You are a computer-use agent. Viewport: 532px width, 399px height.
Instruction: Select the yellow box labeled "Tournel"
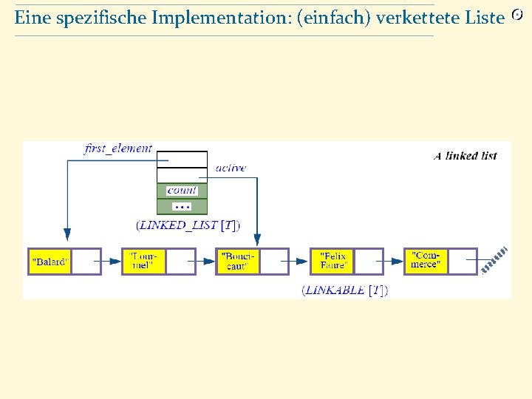point(143,262)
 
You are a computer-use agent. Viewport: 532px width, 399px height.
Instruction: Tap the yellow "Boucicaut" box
point(237,262)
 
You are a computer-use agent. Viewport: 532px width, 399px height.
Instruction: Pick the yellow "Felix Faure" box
point(332,262)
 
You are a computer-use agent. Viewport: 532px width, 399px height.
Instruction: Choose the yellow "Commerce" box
point(426,262)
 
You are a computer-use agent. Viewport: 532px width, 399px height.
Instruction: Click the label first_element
point(118,149)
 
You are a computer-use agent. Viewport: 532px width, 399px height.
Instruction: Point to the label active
point(231,168)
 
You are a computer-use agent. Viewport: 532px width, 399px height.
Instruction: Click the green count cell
point(182,191)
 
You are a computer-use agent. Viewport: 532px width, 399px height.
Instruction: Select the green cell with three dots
point(182,206)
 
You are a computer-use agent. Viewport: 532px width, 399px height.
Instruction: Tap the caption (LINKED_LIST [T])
point(188,225)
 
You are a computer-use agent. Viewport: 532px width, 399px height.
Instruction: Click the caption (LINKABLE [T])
point(344,290)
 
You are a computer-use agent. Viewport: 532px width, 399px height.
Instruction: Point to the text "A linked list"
point(465,156)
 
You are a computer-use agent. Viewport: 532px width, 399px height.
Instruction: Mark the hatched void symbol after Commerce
point(494,260)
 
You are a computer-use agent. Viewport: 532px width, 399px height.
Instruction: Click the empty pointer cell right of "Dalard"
point(86,262)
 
